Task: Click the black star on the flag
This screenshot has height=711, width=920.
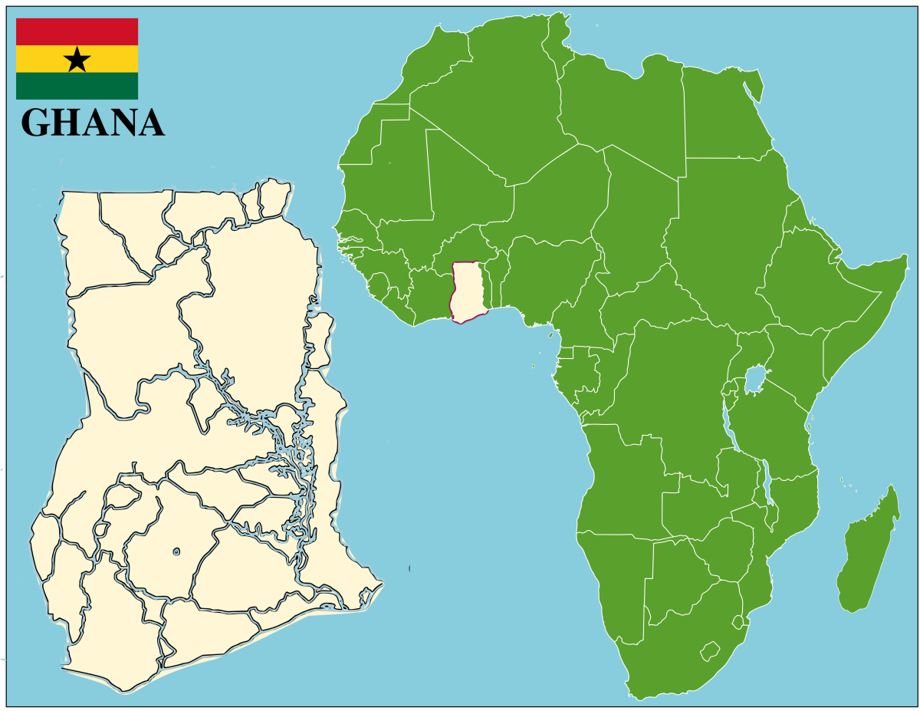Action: click(77, 59)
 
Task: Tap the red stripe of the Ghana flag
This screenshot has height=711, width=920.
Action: click(77, 31)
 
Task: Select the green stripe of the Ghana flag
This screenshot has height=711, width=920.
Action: click(77, 86)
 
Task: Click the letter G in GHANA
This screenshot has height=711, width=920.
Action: click(36, 123)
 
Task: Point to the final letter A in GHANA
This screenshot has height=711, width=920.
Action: click(149, 123)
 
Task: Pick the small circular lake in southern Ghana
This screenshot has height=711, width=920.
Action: click(176, 551)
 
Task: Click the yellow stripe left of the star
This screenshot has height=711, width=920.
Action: click(38, 59)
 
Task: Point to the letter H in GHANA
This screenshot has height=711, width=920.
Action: click(67, 123)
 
